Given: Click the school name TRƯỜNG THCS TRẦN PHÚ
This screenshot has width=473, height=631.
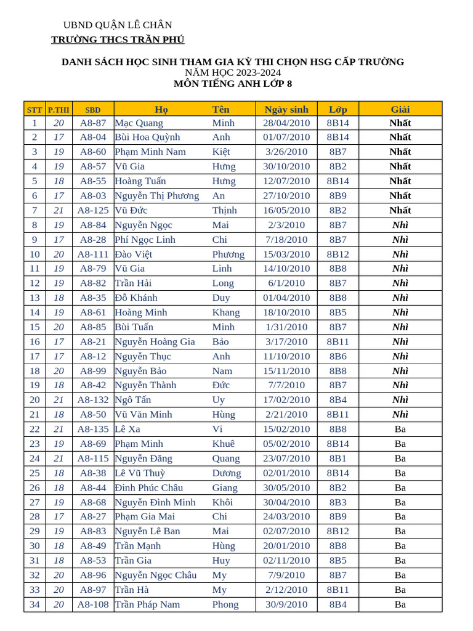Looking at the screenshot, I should (118, 40).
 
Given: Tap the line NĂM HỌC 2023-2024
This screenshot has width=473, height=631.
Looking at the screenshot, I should (233, 73).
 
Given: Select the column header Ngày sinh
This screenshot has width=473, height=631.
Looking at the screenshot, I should (286, 109).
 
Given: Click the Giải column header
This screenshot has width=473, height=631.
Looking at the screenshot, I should (400, 109).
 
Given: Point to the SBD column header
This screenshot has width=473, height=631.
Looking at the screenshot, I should (93, 110).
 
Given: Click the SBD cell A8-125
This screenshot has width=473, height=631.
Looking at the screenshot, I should (93, 210).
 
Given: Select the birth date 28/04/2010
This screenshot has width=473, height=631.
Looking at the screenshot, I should (286, 123).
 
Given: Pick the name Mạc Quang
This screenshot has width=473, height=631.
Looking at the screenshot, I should (139, 123).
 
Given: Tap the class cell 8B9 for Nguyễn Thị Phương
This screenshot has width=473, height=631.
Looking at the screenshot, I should (338, 195).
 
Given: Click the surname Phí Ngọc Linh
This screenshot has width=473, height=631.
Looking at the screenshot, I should (145, 239).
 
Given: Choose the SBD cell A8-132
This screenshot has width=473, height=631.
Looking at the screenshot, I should (93, 400).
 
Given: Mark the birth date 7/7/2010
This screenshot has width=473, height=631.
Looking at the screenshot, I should (286, 385).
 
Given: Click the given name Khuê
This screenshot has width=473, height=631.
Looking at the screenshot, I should (224, 444).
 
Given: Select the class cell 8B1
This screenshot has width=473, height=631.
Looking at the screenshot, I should (338, 458).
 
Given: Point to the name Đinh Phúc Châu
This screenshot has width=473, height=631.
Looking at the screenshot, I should (149, 487).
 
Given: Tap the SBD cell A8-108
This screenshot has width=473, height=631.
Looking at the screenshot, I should (93, 605).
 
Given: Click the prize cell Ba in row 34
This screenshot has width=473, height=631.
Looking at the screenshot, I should (400, 605).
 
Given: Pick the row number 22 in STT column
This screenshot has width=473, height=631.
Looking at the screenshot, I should (34, 429).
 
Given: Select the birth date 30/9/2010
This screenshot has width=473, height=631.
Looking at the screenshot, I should (286, 605).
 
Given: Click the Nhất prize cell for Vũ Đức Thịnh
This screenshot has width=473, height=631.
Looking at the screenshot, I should (400, 210).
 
